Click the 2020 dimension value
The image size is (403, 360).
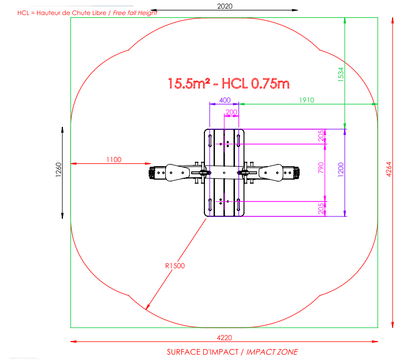pyautogui.click(x=225, y=6)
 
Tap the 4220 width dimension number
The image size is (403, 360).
pyautogui.click(x=225, y=337)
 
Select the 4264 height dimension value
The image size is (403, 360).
pyautogui.click(x=389, y=169)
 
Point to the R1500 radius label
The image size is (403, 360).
pyautogui.click(x=175, y=266)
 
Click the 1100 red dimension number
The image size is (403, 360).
pyautogui.click(x=114, y=160)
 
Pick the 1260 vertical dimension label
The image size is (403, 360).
pyautogui.click(x=58, y=170)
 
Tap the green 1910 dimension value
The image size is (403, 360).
pyautogui.click(x=307, y=100)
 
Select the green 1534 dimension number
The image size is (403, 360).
pyautogui.click(x=341, y=74)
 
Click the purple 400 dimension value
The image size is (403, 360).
pyautogui.click(x=225, y=100)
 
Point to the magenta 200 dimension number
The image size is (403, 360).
pyautogui.click(x=232, y=112)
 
